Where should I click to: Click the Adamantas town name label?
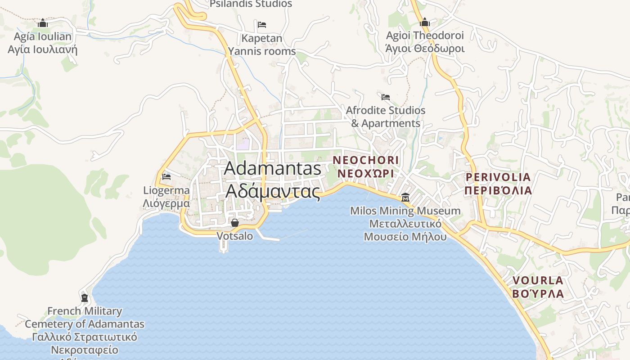point(272,168)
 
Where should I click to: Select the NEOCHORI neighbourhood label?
point(366,160)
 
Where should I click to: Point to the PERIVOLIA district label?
point(498,177)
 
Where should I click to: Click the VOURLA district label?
point(538,281)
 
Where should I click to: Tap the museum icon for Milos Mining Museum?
point(405,198)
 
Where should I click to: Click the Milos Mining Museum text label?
point(405,211)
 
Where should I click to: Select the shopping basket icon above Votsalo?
point(234,222)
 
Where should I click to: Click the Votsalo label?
point(235,236)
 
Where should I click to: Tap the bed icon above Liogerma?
point(166,176)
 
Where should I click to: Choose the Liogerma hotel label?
point(166,190)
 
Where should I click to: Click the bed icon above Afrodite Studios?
point(386,97)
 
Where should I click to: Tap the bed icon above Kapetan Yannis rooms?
point(262,24)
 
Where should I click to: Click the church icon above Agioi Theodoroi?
point(425,22)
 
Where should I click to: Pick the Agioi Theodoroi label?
point(425,36)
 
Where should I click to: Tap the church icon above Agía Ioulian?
point(43,23)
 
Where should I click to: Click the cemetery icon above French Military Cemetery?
point(85,297)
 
